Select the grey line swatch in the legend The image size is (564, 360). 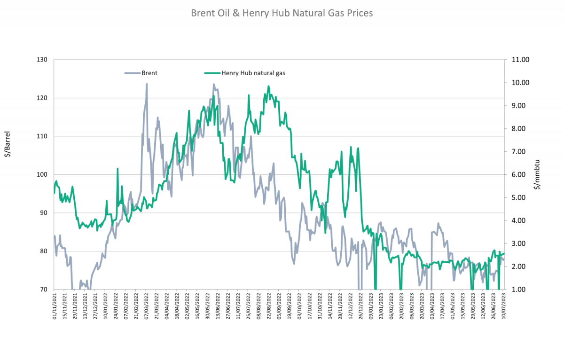pos(133,73)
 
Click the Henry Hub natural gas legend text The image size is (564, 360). pos(254,73)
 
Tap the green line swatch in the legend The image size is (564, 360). pos(212,73)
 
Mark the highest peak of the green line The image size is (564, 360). pos(268,86)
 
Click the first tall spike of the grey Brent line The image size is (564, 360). pos(147,84)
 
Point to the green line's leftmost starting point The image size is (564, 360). pos(54,188)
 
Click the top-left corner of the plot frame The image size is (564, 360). pos(54,60)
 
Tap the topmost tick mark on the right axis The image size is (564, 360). pos(505,60)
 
